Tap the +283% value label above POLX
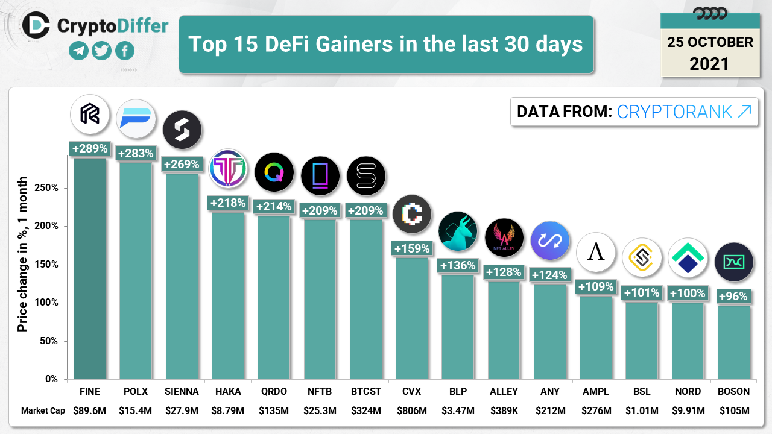tap(136, 153)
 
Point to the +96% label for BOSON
tap(733, 296)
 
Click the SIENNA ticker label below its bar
tap(182, 391)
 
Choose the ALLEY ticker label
tap(504, 391)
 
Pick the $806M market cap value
tap(412, 411)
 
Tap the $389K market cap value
tap(504, 411)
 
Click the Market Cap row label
tap(43, 411)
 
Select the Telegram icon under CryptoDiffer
tap(78, 51)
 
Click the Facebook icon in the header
tap(124, 51)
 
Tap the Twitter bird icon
tap(101, 51)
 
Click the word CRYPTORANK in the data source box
tap(674, 112)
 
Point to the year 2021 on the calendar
tap(709, 63)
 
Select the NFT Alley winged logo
tap(504, 237)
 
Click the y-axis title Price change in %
tap(22, 254)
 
